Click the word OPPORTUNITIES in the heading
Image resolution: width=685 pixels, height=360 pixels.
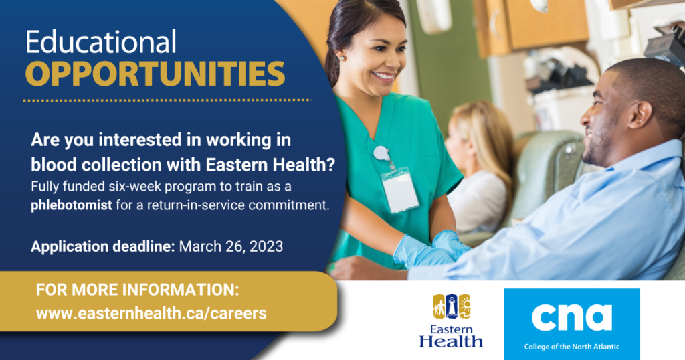(155, 74)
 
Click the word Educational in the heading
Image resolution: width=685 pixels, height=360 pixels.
(101, 42)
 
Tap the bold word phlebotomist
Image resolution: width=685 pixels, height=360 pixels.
(71, 205)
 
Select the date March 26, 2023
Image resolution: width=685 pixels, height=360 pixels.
(231, 246)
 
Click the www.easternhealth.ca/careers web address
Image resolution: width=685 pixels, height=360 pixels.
(151, 313)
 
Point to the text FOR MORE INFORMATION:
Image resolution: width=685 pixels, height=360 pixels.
(138, 290)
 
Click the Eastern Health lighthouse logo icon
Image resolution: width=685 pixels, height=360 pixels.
(452, 306)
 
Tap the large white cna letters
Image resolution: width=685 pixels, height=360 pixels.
(572, 318)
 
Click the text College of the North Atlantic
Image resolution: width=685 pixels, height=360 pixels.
(572, 347)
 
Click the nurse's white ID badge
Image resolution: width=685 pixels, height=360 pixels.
(399, 191)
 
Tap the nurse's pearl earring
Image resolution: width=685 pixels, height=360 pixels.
(341, 58)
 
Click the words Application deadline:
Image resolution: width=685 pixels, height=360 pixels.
(102, 246)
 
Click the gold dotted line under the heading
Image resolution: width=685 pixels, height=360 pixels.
(167, 100)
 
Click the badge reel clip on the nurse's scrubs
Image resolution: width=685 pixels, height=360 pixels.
(381, 153)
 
